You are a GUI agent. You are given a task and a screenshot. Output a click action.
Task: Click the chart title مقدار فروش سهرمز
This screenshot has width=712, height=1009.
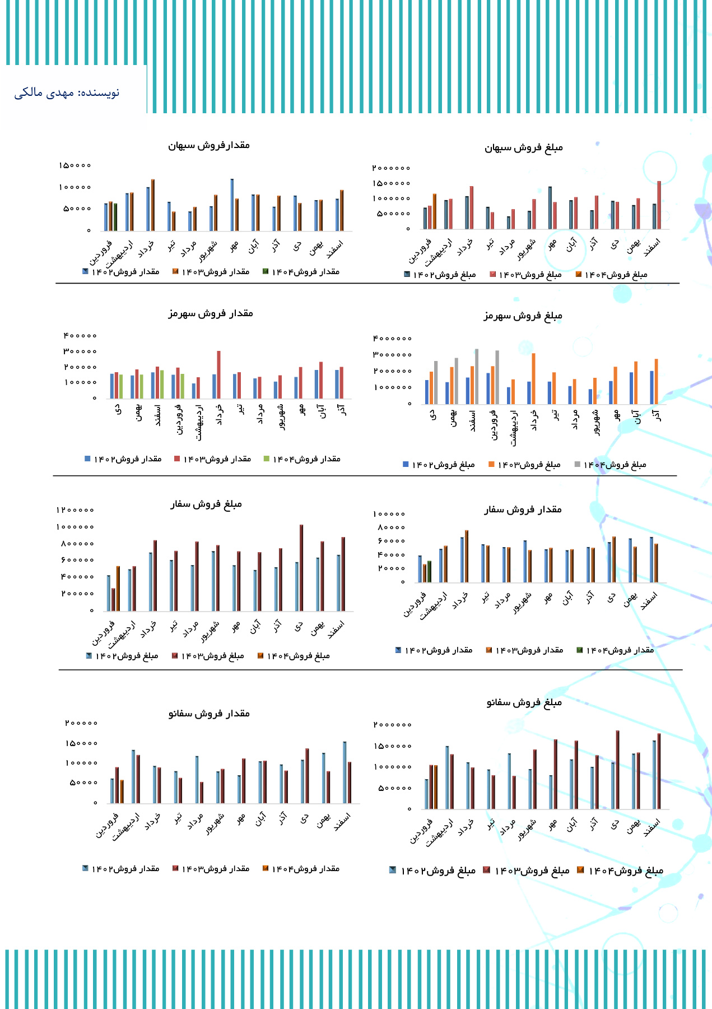point(211,313)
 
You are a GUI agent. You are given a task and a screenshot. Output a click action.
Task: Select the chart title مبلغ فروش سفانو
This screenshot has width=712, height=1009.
point(524,702)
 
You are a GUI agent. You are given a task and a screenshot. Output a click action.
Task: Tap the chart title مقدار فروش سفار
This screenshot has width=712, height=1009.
point(523,510)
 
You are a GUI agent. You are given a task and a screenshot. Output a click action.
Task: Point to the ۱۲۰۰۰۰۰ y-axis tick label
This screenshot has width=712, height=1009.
point(75,510)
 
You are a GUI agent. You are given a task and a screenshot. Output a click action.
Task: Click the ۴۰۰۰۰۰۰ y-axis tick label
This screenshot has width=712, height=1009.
point(392,339)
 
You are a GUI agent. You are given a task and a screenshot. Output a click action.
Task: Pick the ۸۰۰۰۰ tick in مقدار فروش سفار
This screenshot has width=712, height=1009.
point(391,527)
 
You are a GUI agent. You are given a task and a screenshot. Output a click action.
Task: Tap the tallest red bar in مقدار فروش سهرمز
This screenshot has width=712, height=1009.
point(218,374)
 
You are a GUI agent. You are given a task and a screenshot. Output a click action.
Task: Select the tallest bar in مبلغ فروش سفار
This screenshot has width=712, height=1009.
point(301,567)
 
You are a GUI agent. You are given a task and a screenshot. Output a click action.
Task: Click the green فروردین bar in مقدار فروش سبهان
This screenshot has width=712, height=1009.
point(115,217)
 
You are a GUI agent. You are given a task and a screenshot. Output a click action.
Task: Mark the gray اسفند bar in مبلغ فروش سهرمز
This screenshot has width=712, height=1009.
point(477,376)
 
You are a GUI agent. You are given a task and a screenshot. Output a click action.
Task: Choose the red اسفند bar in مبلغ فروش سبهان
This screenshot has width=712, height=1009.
point(659,205)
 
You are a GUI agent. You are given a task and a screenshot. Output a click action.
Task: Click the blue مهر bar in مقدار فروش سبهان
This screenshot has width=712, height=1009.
point(232,205)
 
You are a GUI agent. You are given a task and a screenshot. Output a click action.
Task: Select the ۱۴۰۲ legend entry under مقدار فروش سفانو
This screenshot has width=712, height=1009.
point(121,868)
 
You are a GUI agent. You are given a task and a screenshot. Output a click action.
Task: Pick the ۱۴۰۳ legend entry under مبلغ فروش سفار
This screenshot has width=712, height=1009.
point(208,656)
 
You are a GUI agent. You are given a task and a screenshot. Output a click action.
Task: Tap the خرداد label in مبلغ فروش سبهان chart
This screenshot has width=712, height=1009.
point(464,247)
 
